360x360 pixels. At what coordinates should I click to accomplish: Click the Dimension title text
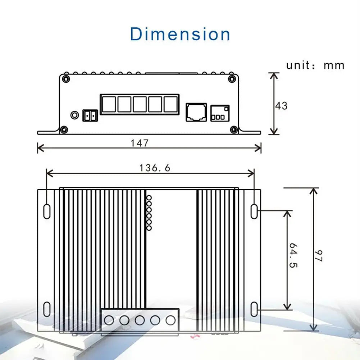pos(180,34)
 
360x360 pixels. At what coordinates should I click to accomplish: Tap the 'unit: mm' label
pos(315,65)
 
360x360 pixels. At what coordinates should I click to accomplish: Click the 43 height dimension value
pos(281,106)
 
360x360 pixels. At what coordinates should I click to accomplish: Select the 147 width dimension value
pos(140,143)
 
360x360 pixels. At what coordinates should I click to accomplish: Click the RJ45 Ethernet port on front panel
pos(196,112)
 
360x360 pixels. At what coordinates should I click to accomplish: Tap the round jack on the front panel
pos(74,115)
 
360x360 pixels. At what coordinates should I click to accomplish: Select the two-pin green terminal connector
pos(90,116)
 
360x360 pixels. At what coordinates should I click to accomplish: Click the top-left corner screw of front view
pos(66,78)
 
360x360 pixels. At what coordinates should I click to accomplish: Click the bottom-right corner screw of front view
pos(234,129)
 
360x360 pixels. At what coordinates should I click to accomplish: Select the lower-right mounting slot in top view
pos(254,309)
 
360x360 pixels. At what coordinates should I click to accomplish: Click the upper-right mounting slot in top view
pos(254,211)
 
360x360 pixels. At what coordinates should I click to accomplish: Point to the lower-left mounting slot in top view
pos(47,309)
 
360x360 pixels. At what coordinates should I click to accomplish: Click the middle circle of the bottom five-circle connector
pos(140,319)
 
